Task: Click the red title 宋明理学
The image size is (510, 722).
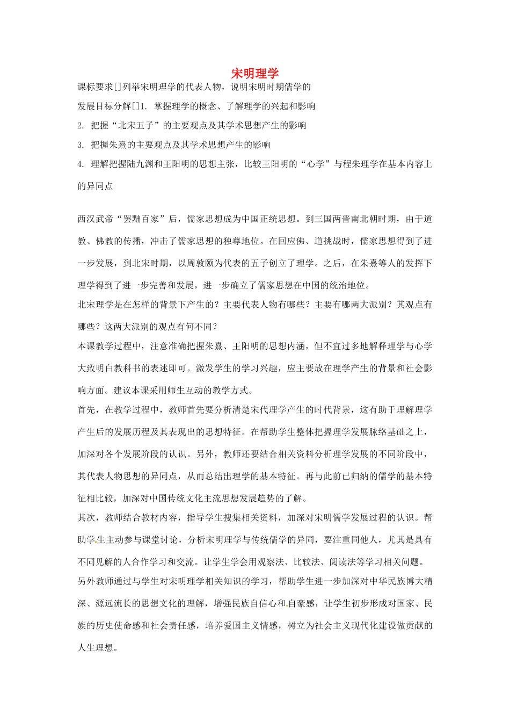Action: [255, 74]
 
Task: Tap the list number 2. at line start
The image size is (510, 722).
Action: [81, 126]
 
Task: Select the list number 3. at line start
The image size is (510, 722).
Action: [81, 145]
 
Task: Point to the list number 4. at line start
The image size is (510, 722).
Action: [81, 164]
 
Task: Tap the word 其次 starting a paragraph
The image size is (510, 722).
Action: [87, 518]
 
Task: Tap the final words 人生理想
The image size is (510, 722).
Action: [96, 648]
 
